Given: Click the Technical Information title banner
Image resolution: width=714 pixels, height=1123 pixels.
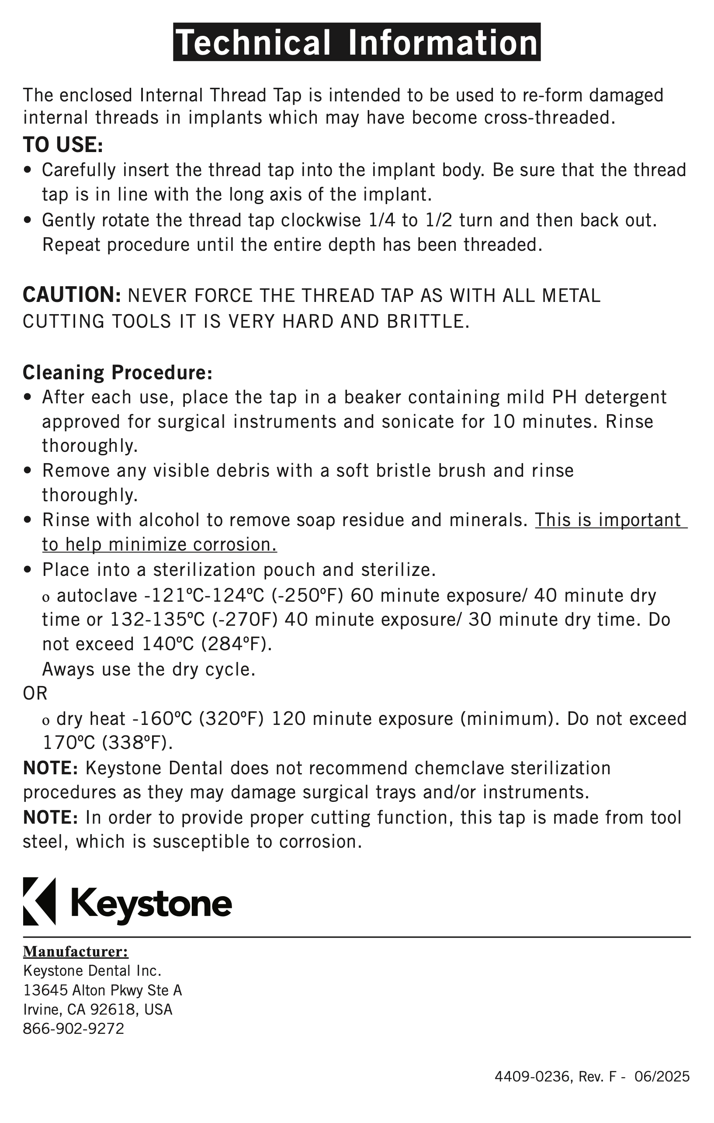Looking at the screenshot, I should click(x=357, y=42).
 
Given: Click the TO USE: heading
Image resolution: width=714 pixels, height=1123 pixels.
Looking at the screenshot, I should click(x=63, y=145).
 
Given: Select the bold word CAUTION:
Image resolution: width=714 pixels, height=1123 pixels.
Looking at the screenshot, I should click(x=72, y=295).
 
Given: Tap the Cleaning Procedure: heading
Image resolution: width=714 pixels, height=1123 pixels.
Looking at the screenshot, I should click(x=118, y=372).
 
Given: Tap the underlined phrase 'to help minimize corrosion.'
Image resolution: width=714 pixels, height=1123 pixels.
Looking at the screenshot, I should click(x=159, y=544).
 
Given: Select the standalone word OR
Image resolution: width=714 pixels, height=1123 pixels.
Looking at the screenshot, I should click(x=35, y=693).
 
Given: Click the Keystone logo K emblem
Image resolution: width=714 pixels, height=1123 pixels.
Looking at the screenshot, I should click(x=39, y=901).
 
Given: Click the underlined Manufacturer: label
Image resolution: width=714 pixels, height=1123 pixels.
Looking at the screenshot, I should click(x=76, y=951).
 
